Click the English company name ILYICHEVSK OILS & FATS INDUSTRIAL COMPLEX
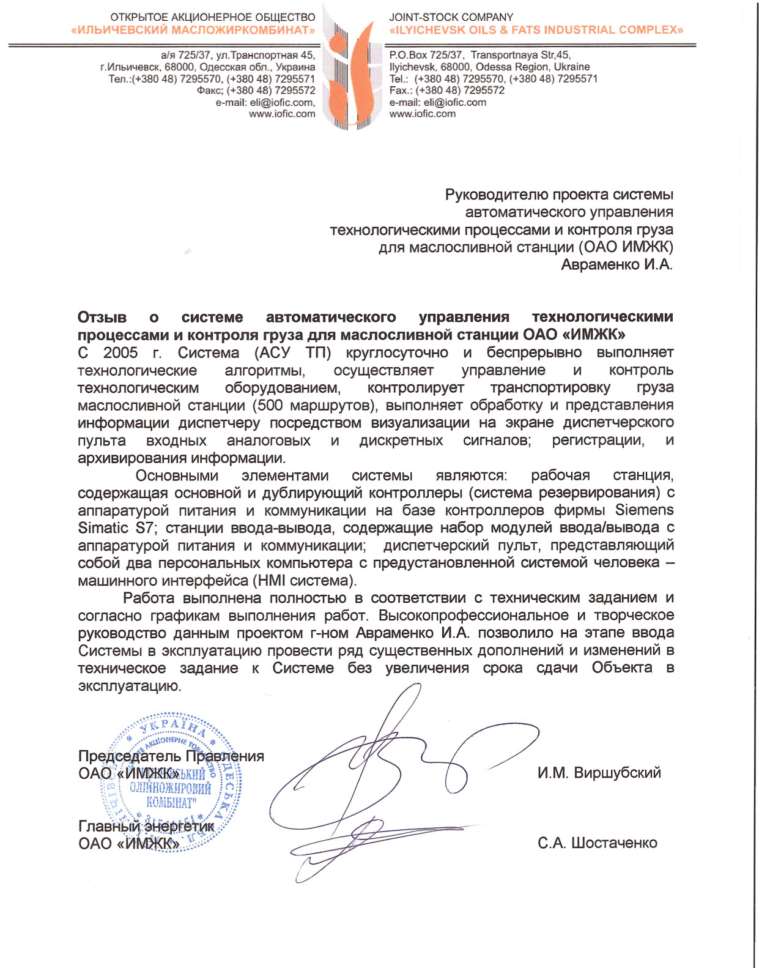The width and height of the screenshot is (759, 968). coord(536,30)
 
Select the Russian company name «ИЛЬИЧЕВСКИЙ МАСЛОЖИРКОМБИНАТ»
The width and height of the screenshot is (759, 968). coord(193,30)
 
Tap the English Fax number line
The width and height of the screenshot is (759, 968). coord(447,91)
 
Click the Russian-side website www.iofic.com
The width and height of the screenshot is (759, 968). coord(282,114)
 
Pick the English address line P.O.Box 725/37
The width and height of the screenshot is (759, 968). coord(426,55)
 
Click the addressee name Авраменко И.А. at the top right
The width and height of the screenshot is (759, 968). coord(616,265)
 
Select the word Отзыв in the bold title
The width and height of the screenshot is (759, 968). coord(102,318)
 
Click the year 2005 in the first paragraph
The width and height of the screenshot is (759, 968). coord(120,353)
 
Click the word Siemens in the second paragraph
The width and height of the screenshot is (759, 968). coord(644,510)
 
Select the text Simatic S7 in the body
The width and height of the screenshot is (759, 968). coord(116,528)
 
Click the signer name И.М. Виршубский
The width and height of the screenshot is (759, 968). coord(599,773)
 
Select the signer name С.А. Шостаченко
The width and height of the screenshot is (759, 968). coord(598,843)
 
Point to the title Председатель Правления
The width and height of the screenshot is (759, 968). coord(171,756)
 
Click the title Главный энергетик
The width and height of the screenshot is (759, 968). coord(146,827)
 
